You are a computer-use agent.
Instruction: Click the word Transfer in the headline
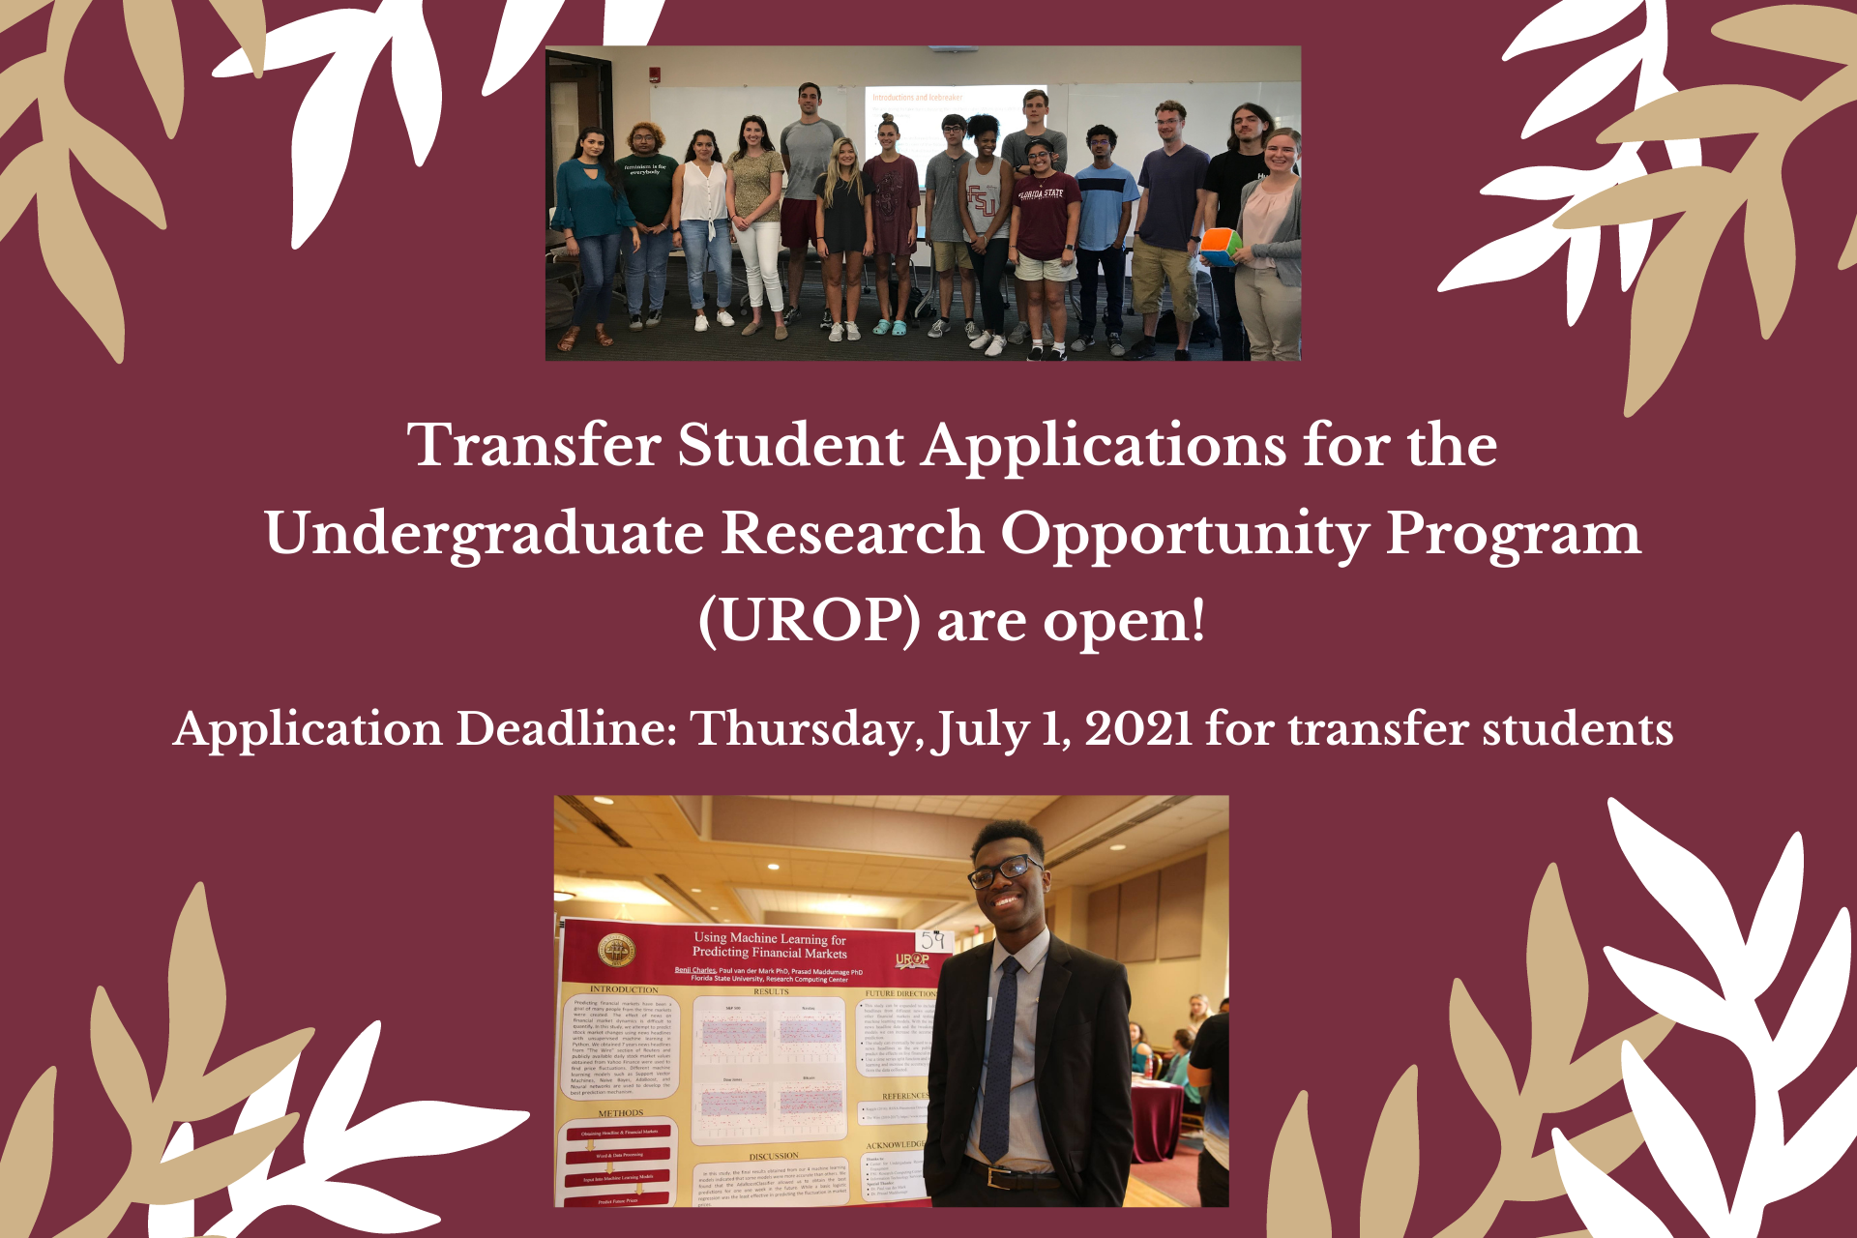[534, 445]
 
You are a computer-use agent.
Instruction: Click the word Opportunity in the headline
[1184, 533]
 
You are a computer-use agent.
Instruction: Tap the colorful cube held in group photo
[1220, 246]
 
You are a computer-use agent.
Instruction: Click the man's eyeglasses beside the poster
[1005, 870]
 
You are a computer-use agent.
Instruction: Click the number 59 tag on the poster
[932, 940]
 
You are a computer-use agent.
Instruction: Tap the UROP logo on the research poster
[911, 960]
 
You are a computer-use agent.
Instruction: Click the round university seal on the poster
[616, 952]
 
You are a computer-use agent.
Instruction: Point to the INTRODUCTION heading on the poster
[624, 989]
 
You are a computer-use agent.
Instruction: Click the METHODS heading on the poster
[620, 1113]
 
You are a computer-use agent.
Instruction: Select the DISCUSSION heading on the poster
[774, 1156]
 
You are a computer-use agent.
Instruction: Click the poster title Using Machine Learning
[769, 945]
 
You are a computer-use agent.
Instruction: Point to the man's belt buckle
[988, 1177]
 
